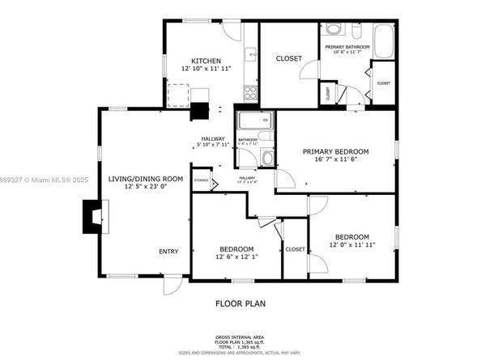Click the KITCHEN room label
(205, 61)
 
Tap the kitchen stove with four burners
(250, 92)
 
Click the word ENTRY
(168, 252)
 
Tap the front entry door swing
(170, 285)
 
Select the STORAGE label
(201, 180)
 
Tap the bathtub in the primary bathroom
(384, 40)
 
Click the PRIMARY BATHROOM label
(347, 47)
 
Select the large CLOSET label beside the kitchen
(288, 58)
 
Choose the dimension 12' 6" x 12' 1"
(236, 257)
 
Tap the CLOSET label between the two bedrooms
(295, 249)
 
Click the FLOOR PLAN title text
(240, 304)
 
